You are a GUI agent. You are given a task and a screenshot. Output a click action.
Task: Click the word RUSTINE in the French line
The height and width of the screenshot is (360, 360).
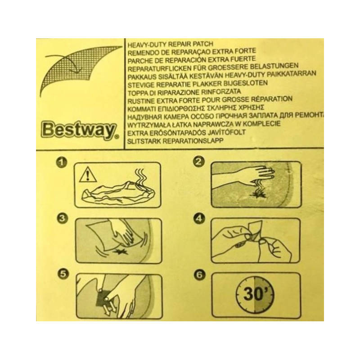click(x=140, y=98)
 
